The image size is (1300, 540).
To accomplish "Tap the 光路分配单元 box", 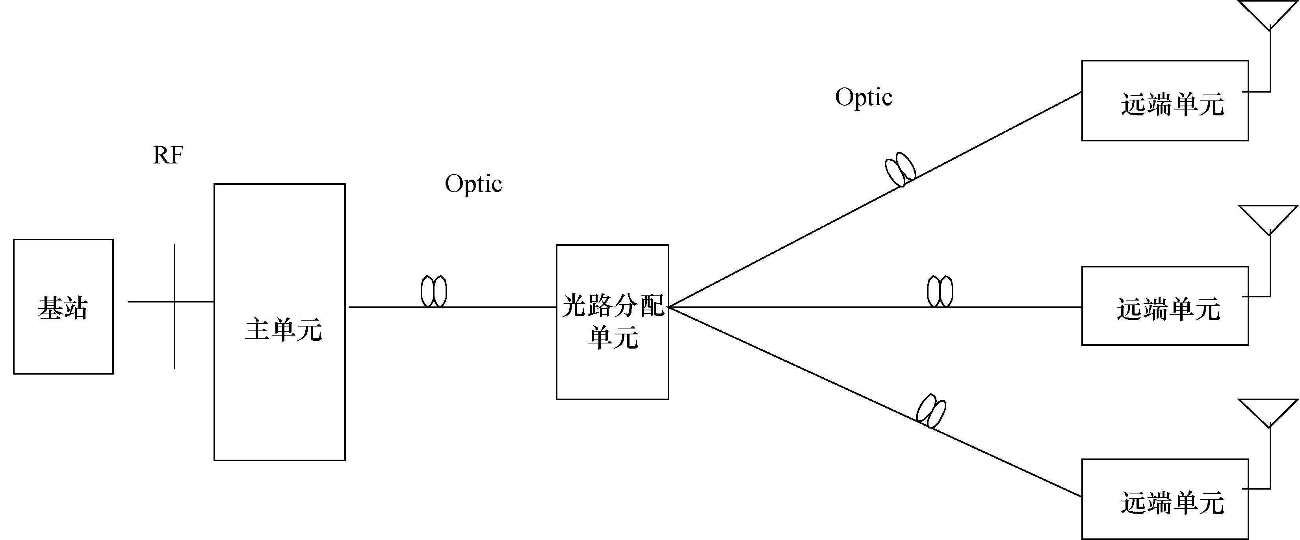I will tap(613, 321).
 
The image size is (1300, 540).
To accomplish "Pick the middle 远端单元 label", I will tap(1168, 309).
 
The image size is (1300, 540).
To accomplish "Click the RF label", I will tap(168, 156).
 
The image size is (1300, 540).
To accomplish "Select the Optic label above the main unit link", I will tap(474, 184).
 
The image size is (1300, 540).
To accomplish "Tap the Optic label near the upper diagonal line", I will tap(864, 97).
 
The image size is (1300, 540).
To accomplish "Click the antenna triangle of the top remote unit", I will tap(1269, 13).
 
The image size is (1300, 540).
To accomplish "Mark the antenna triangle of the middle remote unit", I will tap(1269, 218).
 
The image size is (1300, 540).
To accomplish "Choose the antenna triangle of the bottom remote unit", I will tap(1269, 411).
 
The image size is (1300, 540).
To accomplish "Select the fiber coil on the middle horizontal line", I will tap(940, 291).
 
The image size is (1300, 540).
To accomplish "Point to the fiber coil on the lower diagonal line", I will tap(931, 411).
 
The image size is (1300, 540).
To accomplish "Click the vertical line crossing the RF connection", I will tap(175, 333).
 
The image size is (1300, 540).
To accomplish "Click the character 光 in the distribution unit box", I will tap(574, 305).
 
